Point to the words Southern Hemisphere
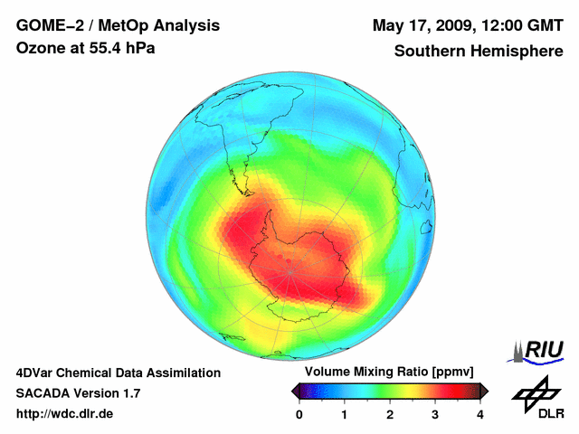(478, 52)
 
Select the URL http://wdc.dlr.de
(65, 414)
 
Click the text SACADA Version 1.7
(78, 393)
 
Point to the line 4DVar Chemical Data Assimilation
(118, 373)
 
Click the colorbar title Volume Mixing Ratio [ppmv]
(389, 372)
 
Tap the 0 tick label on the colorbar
(299, 414)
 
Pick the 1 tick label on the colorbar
(345, 414)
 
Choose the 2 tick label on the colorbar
(390, 414)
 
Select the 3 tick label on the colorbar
(435, 414)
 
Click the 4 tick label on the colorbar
(480, 414)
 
